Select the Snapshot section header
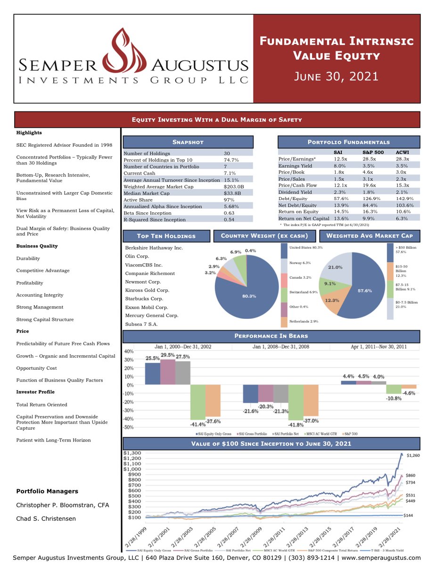click(188, 142)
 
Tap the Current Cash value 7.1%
click(230, 173)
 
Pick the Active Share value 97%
click(229, 200)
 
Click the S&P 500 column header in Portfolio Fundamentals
click(373, 152)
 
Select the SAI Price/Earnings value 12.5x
click(337, 159)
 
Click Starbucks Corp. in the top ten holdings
click(144, 299)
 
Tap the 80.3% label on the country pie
click(249, 296)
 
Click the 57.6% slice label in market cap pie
click(364, 291)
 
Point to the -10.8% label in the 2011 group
click(394, 398)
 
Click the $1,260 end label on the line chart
click(413, 455)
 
